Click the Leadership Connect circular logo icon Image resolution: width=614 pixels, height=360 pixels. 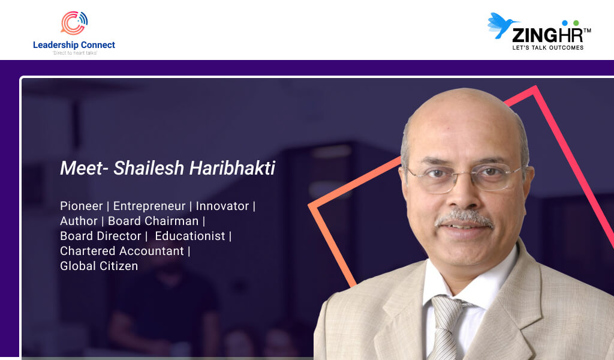(x=74, y=23)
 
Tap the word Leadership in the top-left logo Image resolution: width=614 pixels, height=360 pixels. (x=56, y=45)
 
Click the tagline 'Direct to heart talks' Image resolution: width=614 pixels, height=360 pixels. (x=75, y=53)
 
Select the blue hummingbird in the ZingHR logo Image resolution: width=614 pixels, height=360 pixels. (x=502, y=25)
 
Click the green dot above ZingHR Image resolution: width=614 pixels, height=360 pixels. (x=576, y=23)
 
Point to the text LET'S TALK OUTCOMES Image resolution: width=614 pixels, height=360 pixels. (x=548, y=48)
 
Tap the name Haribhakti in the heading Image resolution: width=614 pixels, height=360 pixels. (x=232, y=168)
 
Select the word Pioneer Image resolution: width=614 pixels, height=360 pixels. (x=82, y=206)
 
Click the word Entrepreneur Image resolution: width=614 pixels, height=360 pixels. (x=149, y=206)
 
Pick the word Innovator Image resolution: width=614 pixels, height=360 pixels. (x=222, y=206)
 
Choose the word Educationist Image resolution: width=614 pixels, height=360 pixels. (x=190, y=236)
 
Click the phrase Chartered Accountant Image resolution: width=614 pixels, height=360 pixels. (x=122, y=251)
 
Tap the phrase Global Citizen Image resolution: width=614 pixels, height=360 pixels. (x=99, y=266)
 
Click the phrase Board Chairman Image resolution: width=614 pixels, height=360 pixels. (x=153, y=221)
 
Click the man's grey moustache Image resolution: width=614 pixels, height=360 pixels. (x=464, y=218)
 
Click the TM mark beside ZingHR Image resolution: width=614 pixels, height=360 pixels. (x=587, y=30)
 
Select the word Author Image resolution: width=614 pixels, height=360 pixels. (x=79, y=221)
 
